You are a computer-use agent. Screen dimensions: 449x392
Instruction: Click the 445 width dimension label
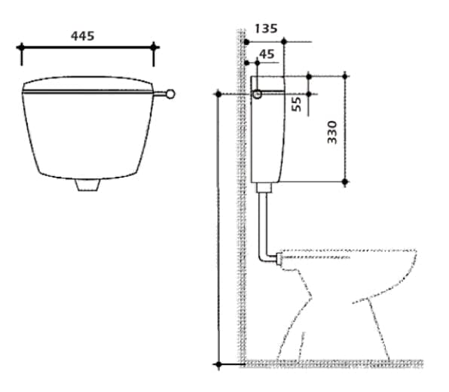pos(82,36)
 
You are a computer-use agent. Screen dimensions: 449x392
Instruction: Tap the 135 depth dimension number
pos(266,29)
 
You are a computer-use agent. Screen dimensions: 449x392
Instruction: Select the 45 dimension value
pos(267,54)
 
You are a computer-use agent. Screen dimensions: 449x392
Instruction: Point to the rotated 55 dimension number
pos(296,104)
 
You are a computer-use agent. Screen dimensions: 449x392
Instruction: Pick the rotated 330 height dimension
pos(332,132)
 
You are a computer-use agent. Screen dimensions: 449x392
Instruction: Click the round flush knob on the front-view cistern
pos(170,94)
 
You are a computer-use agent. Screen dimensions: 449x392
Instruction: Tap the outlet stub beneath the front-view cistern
pos(88,184)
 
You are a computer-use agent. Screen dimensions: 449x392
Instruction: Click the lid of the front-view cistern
pos(87,84)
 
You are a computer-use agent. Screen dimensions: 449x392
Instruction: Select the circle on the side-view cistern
pos(257,94)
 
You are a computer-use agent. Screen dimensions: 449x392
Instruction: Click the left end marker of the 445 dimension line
pos(21,47)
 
